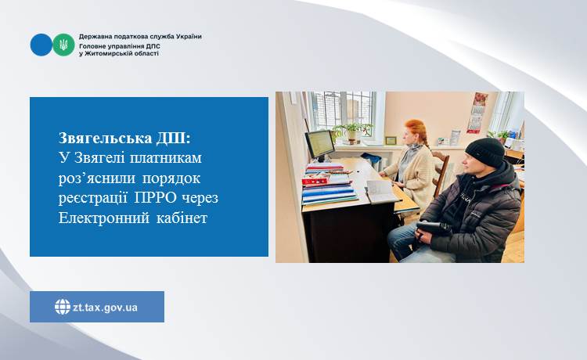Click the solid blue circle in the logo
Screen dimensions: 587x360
(41, 45)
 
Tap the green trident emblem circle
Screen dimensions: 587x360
(63, 45)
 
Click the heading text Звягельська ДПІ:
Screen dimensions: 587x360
(124, 138)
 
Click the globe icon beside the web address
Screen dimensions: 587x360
(63, 307)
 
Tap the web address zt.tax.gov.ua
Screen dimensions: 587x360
(105, 308)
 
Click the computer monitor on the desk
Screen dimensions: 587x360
(319, 145)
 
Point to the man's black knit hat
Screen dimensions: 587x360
(484, 152)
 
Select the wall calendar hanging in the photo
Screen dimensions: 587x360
(477, 113)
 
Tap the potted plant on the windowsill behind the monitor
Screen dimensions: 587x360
(352, 131)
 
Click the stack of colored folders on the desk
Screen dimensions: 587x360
(329, 185)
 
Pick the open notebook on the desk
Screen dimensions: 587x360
(381, 191)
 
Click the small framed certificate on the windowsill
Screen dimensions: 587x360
(391, 140)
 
